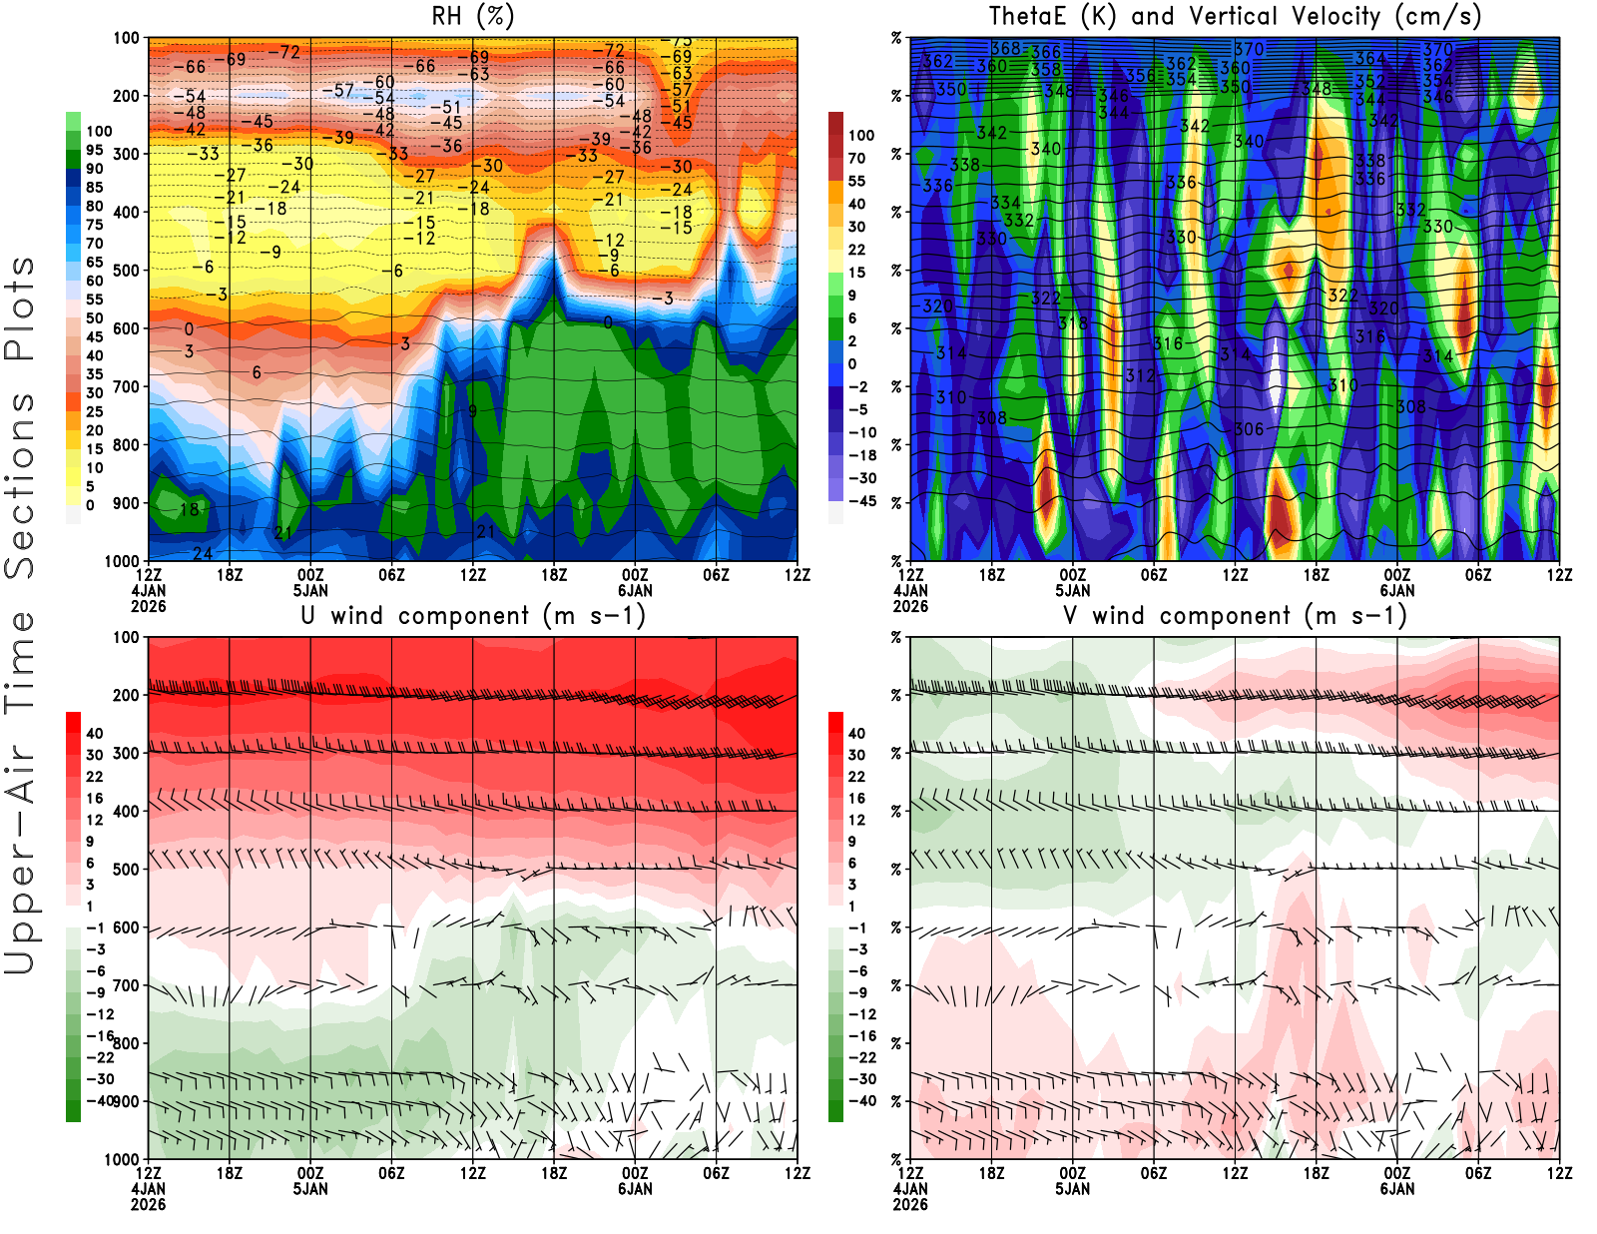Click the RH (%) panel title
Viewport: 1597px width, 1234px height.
tap(472, 17)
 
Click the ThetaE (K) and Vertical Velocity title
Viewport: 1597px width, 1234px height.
tap(1235, 17)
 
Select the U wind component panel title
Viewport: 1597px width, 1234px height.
tap(473, 616)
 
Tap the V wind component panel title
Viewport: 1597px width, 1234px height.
tap(1235, 616)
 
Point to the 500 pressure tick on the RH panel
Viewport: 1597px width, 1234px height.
tap(126, 271)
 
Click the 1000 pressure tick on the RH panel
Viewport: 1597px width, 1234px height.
tap(122, 561)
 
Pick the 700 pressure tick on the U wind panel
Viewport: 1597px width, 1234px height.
tap(126, 986)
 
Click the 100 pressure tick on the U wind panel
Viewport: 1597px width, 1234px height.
tap(126, 637)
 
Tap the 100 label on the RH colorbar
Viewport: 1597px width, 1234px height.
tap(99, 132)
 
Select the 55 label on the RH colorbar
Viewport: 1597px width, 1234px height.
tap(94, 300)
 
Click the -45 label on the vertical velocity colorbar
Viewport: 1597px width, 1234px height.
tap(862, 501)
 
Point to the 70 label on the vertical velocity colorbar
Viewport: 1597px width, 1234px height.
tap(856, 159)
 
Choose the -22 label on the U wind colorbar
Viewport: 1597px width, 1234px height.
tap(100, 1057)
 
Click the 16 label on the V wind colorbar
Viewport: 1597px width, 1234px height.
tap(856, 799)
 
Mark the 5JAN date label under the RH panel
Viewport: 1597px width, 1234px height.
tap(310, 591)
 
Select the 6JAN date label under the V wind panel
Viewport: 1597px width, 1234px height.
tap(1397, 1189)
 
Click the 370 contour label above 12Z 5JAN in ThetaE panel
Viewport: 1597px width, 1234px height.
tap(1249, 49)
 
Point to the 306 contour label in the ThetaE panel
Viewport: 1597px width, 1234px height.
tap(1249, 429)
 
